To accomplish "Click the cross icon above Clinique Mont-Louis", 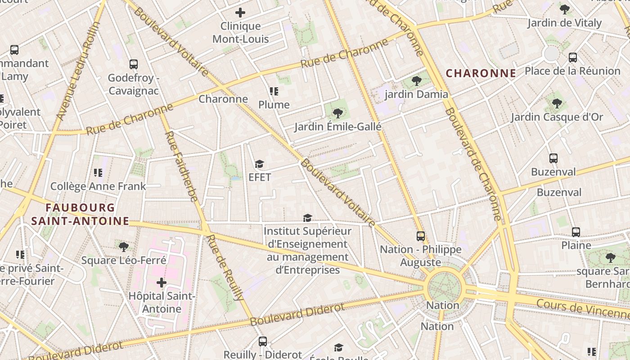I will click(240, 13).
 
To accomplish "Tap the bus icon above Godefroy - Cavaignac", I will click(133, 64).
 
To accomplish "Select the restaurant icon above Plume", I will click(274, 92).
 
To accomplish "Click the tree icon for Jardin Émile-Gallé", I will click(337, 113).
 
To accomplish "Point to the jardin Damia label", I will click(416, 94).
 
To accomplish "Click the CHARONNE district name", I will click(481, 73).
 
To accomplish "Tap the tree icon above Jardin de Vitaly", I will click(564, 9).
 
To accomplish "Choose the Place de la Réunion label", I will click(572, 71).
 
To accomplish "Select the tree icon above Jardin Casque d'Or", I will click(557, 103).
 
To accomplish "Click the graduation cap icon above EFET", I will click(259, 164).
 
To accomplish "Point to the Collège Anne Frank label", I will click(98, 186).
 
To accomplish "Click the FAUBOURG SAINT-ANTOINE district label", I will click(81, 214).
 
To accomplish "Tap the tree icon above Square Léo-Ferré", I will click(123, 247).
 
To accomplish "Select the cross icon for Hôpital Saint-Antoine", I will click(161, 283).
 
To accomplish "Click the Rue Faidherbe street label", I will click(181, 166).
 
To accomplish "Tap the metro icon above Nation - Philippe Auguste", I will click(420, 236).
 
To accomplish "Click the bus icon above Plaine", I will click(576, 232).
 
